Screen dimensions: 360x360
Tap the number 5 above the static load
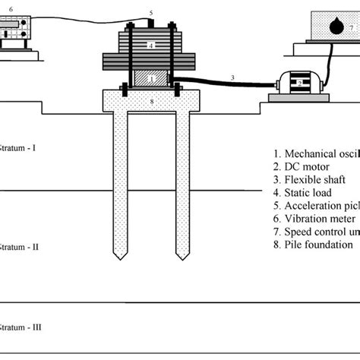click(x=152, y=13)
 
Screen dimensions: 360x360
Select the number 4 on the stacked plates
click(x=152, y=46)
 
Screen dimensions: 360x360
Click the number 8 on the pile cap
click(x=152, y=100)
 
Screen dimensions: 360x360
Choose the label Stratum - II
click(x=18, y=247)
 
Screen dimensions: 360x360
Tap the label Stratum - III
click(x=20, y=327)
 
